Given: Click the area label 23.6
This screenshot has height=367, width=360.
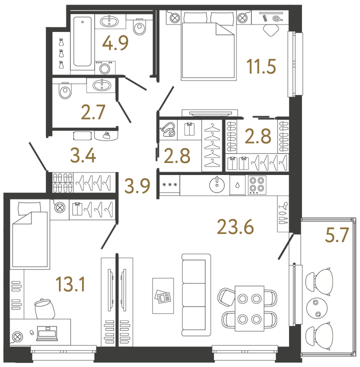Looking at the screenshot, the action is coord(235,226).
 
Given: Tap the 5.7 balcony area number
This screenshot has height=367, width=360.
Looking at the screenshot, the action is coord(337,235).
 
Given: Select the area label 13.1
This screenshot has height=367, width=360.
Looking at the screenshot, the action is coord(70,284).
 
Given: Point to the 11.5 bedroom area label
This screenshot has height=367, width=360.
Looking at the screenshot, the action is coord(261,66).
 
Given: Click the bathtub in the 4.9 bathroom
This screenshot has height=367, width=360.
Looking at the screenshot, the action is coord(82,41).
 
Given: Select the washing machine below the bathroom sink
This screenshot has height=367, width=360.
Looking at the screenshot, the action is coord(105,68).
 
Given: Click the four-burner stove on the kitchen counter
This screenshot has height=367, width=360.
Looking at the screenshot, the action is coord(257,185).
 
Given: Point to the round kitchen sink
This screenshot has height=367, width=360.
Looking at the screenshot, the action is coord(217,184).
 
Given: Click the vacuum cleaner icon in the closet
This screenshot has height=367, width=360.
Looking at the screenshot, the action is coord(168,129).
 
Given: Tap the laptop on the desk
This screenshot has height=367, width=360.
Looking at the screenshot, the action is coord(47,333).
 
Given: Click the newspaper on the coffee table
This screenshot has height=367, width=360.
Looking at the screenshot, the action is coord(163,296).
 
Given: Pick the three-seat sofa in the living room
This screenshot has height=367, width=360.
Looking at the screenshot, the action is coord(196,295).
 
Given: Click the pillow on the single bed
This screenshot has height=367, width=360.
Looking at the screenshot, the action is coord(29,208).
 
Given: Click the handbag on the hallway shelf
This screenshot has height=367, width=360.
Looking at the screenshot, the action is coord(107,135).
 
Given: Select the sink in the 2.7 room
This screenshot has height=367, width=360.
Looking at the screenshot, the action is coord(102,85).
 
